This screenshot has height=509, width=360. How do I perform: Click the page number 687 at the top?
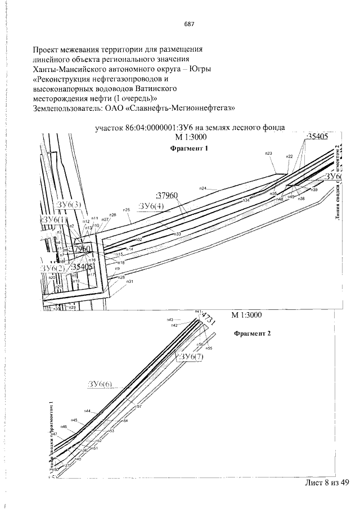(x=189, y=24)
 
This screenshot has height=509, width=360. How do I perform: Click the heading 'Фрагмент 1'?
(x=189, y=148)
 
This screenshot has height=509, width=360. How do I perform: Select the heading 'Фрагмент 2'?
(x=252, y=333)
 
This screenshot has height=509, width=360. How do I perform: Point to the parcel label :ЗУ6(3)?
(x=69, y=204)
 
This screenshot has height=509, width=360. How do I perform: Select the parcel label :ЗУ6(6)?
(x=100, y=384)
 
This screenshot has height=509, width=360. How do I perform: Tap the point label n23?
(x=268, y=153)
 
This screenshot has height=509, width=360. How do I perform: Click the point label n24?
(x=203, y=188)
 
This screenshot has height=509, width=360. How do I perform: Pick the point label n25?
(x=127, y=210)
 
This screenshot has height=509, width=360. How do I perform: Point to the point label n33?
(x=177, y=233)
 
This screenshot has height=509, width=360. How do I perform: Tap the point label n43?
(x=170, y=319)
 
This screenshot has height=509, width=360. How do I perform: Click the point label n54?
(x=125, y=421)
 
